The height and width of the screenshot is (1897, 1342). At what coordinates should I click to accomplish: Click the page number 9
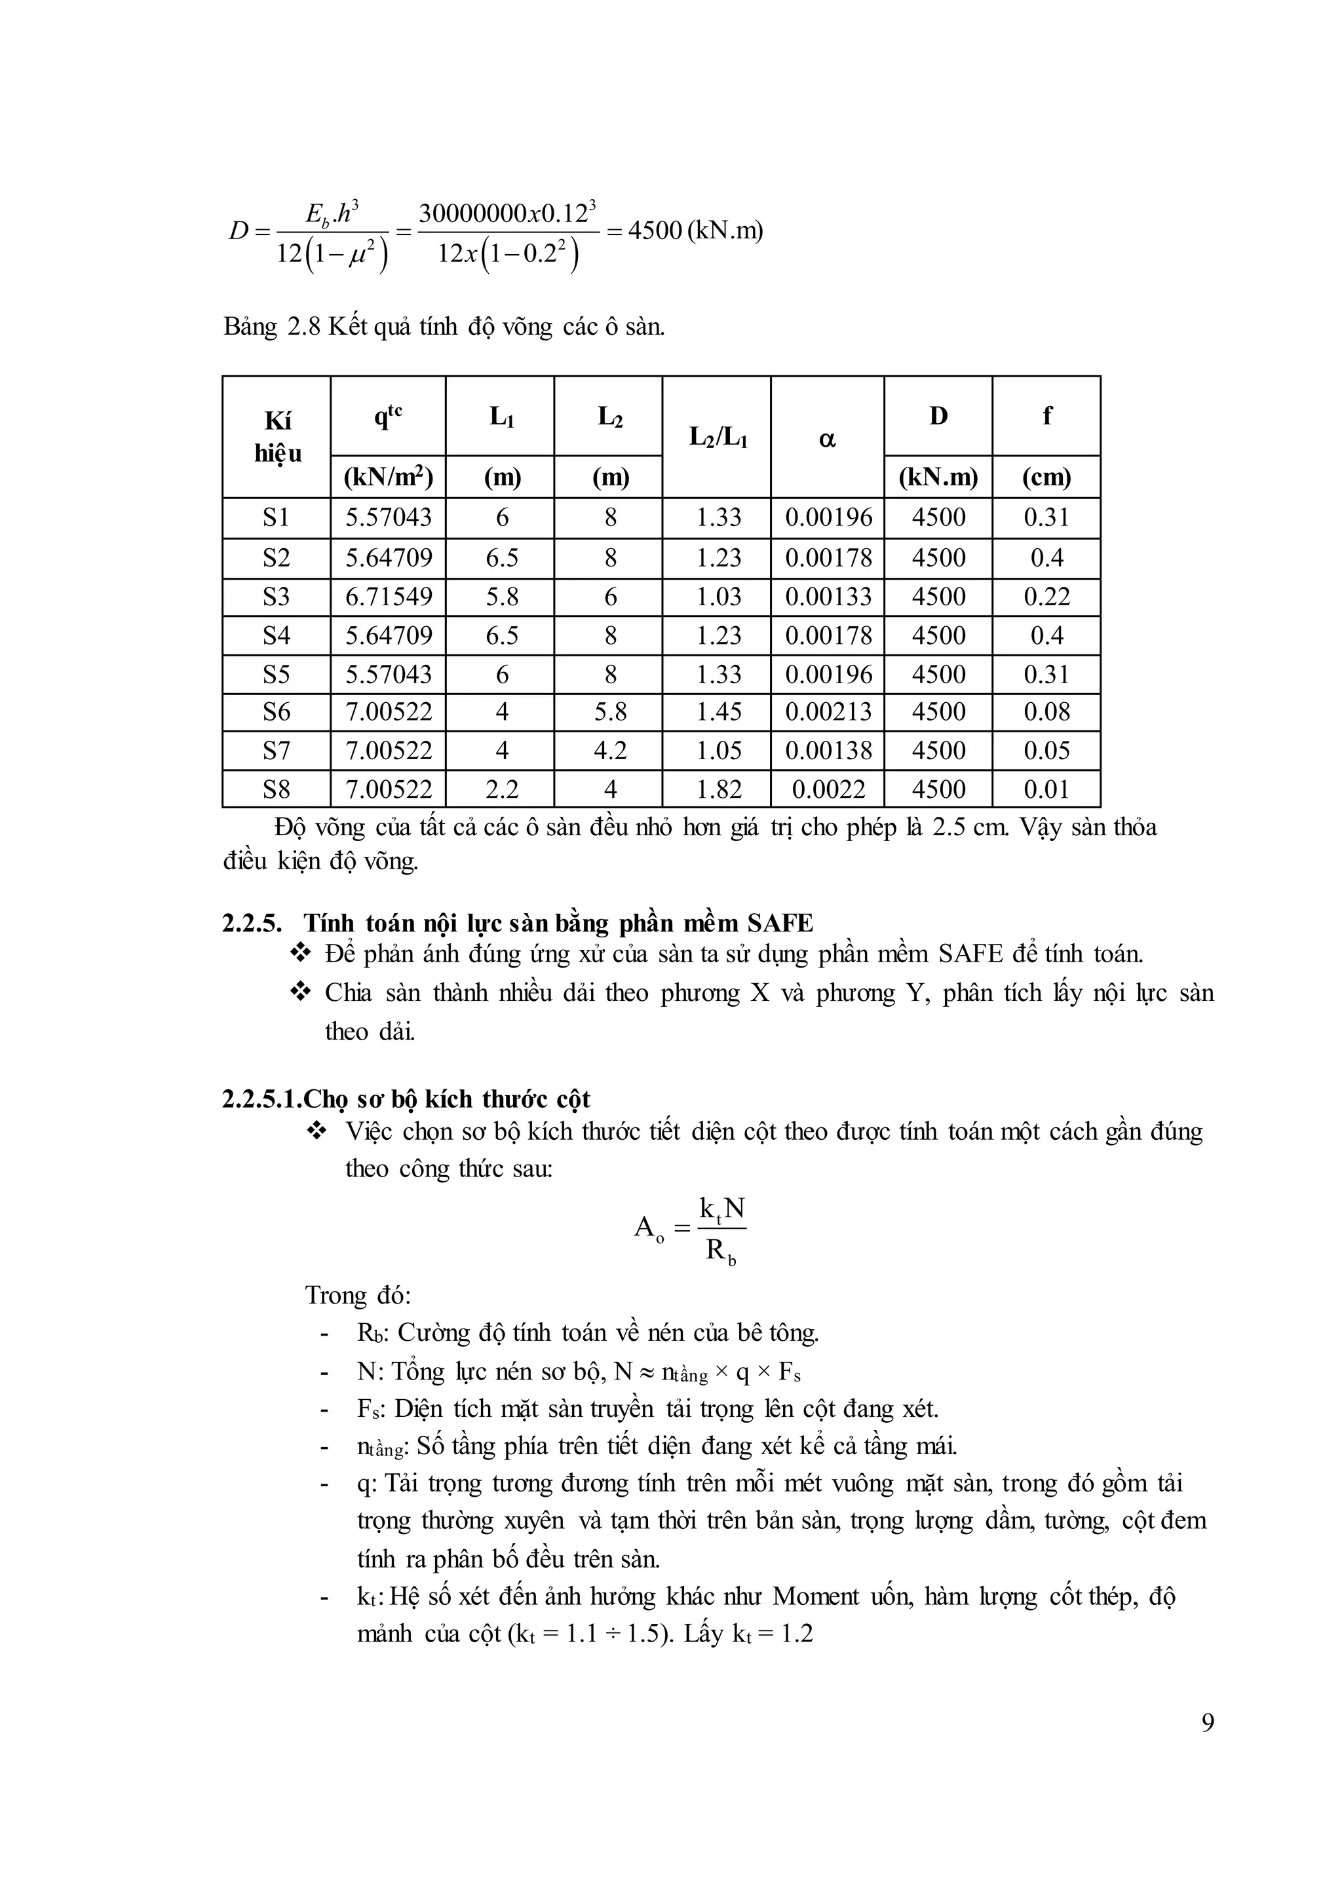[1207, 1723]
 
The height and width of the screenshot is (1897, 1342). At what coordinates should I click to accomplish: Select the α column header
[827, 438]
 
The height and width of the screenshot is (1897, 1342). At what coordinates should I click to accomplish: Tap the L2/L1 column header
[718, 438]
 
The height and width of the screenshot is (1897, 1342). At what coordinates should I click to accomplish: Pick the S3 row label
[277, 597]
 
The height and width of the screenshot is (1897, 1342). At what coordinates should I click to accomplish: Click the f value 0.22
[1046, 597]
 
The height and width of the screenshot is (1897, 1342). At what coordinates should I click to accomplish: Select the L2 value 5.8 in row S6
[610, 711]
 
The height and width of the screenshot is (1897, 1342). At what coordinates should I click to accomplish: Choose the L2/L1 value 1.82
[718, 789]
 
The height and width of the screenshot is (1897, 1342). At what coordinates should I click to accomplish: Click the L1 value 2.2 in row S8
[501, 789]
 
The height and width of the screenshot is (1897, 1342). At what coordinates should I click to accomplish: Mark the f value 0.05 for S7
[1046, 750]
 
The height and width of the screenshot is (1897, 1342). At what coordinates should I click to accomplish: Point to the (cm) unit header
[1046, 477]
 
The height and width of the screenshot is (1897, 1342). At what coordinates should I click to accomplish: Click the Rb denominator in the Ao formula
[721, 1252]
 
